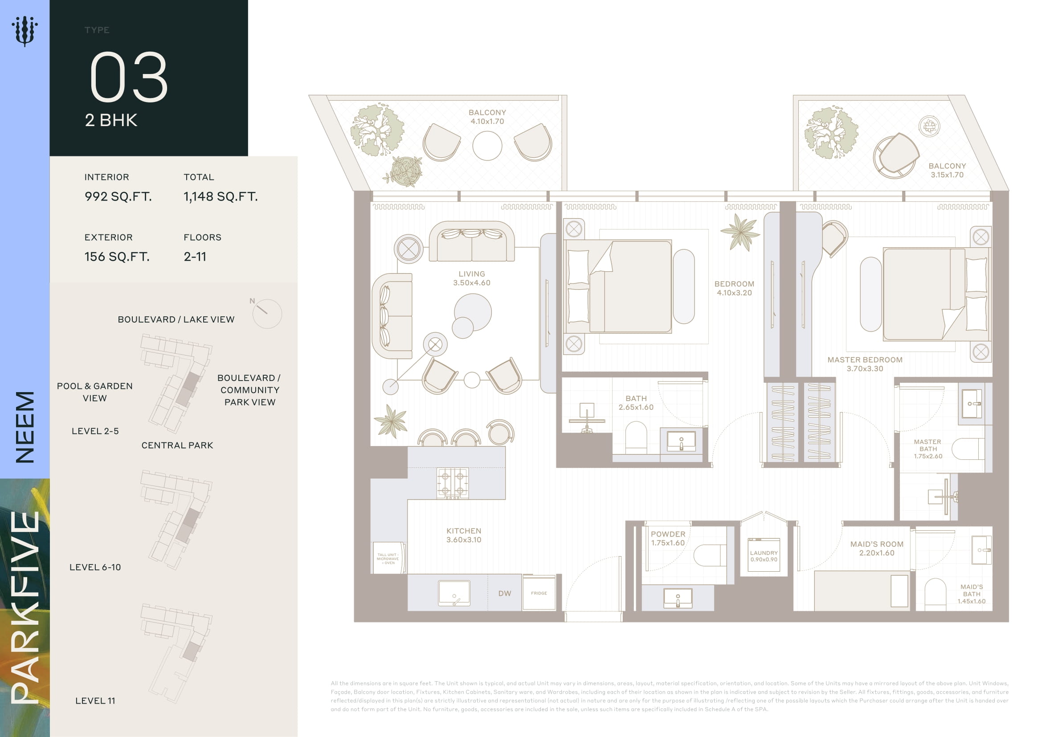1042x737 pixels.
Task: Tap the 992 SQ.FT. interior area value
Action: point(118,197)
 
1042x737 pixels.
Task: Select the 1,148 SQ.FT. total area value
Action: point(221,197)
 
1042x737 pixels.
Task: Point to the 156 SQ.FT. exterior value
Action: point(117,257)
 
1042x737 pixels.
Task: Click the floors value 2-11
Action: point(195,257)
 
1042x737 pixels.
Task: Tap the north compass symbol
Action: point(266,313)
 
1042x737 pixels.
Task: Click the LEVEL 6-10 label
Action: point(95,567)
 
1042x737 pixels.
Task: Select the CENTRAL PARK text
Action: point(177,445)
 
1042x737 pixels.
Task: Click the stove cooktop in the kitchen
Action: point(453,483)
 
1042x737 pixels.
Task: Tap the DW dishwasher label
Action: point(505,594)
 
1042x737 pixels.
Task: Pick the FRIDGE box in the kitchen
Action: point(539,593)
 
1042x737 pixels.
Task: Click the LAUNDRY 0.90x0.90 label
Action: point(764,557)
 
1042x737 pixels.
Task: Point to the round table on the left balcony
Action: point(487,146)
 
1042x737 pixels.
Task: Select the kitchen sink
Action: point(454,593)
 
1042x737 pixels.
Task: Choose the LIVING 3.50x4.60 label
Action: point(471,278)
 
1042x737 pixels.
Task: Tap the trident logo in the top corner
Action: point(25,31)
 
